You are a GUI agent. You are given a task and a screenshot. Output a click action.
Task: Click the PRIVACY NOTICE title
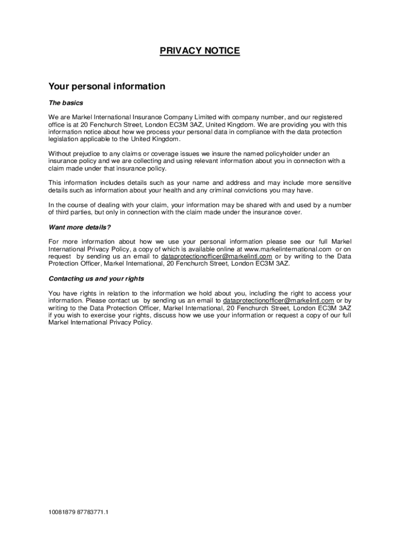point(199,51)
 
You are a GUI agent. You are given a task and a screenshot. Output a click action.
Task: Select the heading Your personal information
point(106,86)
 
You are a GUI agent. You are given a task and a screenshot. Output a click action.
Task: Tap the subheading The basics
point(65,103)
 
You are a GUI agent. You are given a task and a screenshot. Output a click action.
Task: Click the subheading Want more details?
point(79,227)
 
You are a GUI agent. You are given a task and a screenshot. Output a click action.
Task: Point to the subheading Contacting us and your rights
point(96,278)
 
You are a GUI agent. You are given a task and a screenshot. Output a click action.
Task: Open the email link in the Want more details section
point(217,257)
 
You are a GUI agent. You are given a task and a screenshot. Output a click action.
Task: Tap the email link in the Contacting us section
point(278,301)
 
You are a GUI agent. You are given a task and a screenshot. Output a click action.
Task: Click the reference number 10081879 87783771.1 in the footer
point(78,512)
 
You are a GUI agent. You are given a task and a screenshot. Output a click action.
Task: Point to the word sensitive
point(337,183)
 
